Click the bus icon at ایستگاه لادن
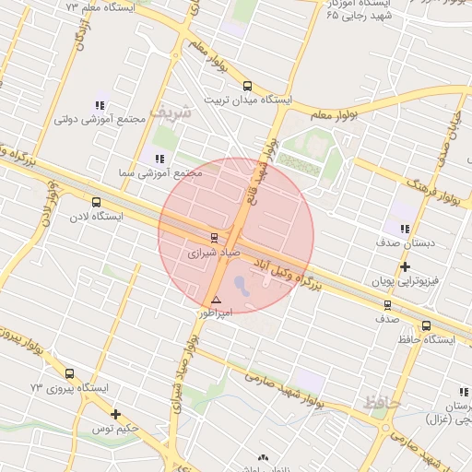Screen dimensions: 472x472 point(97,202)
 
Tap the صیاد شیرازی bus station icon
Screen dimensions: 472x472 point(215,238)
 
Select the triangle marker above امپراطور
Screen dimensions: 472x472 point(216,301)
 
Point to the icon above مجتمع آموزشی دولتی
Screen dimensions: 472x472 point(100,105)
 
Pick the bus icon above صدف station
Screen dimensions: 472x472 point(387,304)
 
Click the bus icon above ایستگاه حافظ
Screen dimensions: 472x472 point(426,325)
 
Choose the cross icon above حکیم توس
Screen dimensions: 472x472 point(115,415)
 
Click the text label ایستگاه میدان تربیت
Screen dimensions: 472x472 point(248,100)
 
